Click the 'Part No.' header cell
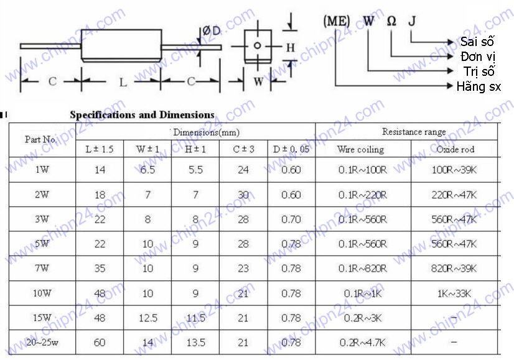[x=41, y=139]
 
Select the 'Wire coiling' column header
[x=360, y=149]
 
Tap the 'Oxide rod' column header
[x=456, y=149]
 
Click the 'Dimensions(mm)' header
[x=207, y=132]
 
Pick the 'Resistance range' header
[x=414, y=132]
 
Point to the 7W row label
[x=42, y=268]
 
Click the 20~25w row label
[x=42, y=343]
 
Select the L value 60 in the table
[x=100, y=343]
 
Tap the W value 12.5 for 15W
[x=148, y=318]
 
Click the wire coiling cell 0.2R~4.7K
[x=363, y=343]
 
